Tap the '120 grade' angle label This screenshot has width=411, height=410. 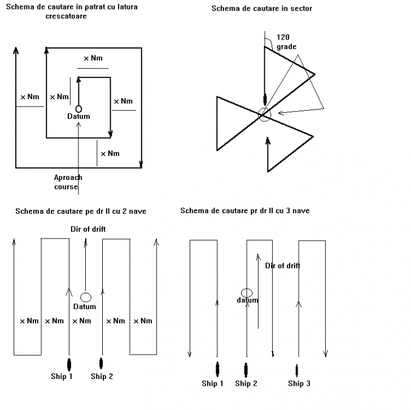(286, 42)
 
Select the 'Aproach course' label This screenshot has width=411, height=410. (68, 182)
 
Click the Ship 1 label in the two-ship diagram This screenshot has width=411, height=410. (62, 376)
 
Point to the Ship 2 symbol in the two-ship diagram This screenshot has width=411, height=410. (101, 363)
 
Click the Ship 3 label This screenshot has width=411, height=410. (299, 383)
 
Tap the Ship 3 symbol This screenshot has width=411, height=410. (297, 371)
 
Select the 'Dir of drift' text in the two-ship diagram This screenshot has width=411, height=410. (88, 229)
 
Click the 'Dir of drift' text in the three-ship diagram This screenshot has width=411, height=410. (282, 266)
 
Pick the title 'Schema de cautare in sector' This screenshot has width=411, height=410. (261, 8)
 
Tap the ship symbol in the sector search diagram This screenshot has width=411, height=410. (265, 99)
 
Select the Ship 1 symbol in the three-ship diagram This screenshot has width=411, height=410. (217, 369)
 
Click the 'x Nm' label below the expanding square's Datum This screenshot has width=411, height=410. (110, 153)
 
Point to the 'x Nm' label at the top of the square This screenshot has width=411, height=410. (93, 58)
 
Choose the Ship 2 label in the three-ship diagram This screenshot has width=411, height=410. (246, 383)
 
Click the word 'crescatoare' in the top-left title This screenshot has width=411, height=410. (66, 16)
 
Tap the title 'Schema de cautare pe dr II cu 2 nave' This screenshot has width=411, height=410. (81, 211)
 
